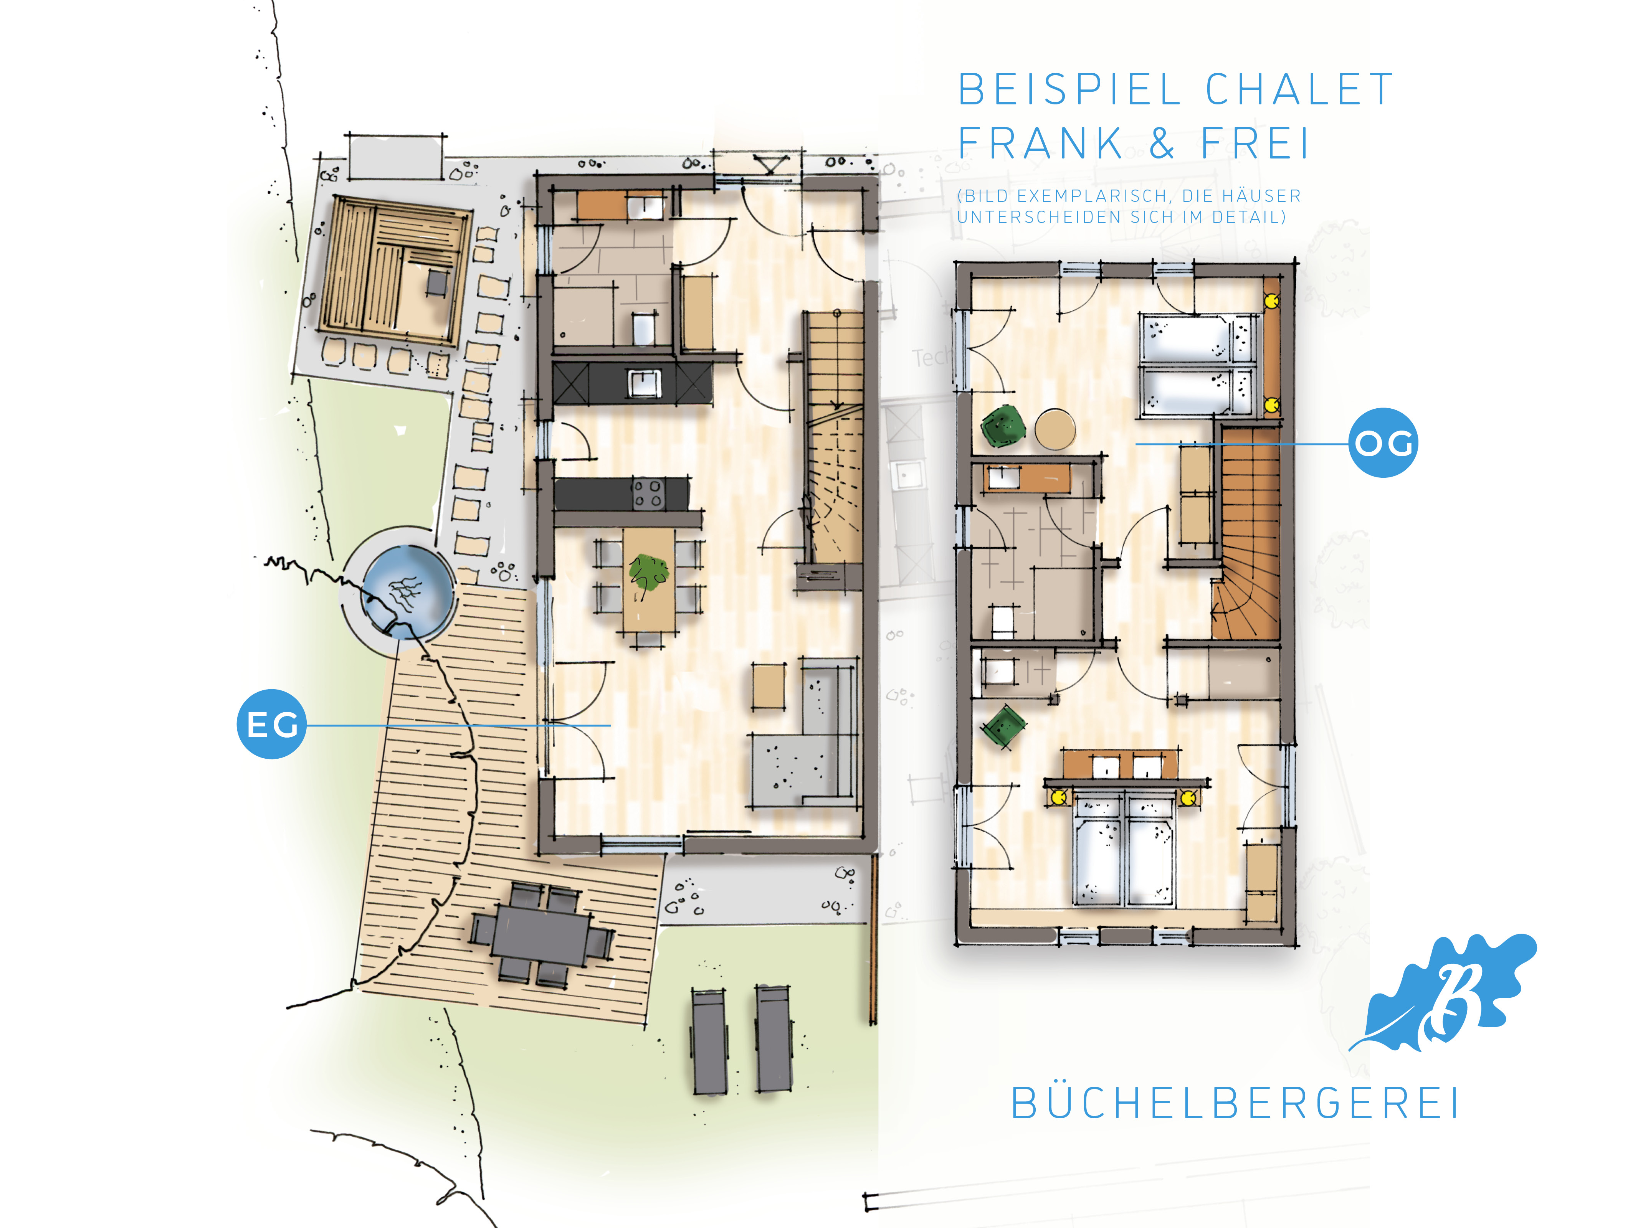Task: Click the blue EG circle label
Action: pyautogui.click(x=271, y=724)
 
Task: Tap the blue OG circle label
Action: pyautogui.click(x=1382, y=442)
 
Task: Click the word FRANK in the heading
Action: pyautogui.click(x=1040, y=143)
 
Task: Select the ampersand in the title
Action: pyautogui.click(x=1162, y=143)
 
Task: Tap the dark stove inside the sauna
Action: pyautogui.click(x=438, y=282)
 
